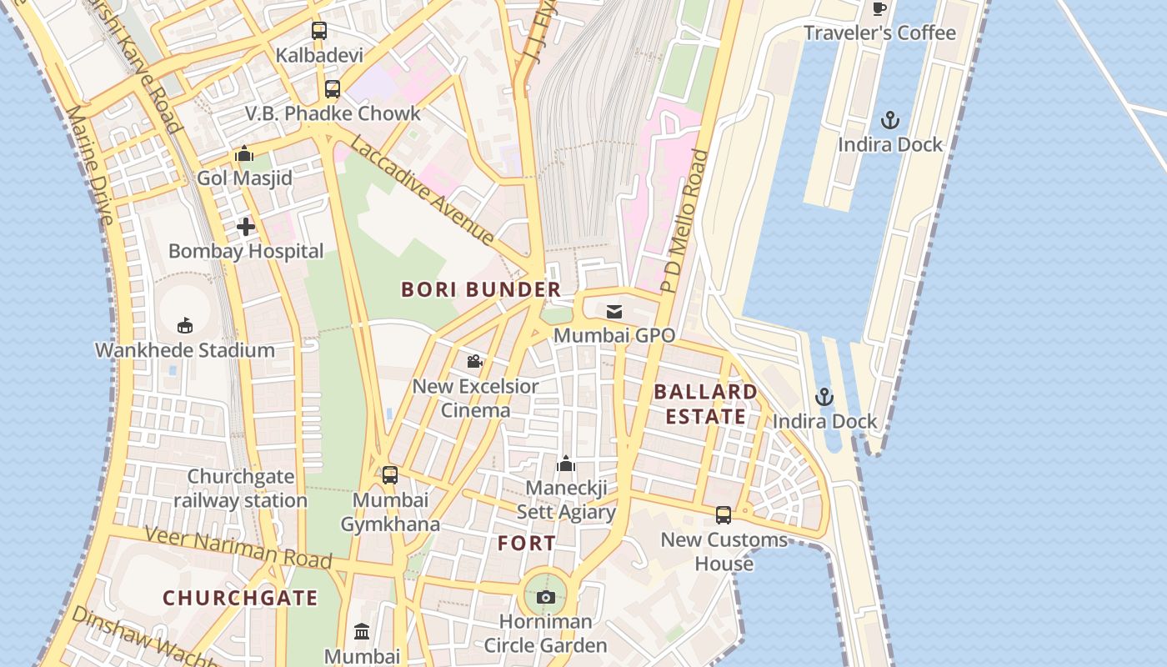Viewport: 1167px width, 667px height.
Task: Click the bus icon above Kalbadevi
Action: click(x=319, y=31)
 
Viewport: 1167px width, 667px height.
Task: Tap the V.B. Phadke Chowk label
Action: click(x=333, y=113)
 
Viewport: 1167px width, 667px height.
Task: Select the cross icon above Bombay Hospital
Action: click(x=246, y=226)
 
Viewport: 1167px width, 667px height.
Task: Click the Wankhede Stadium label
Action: click(x=185, y=350)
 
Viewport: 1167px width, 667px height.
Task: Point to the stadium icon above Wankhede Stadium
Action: click(x=185, y=325)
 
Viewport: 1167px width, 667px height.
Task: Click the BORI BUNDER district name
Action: click(x=481, y=290)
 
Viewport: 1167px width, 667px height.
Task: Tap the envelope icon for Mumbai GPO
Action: click(x=614, y=312)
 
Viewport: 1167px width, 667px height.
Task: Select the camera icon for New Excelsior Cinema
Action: click(x=475, y=362)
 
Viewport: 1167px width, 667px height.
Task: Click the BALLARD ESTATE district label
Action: click(x=705, y=404)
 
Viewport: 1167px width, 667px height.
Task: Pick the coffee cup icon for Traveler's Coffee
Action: click(x=879, y=9)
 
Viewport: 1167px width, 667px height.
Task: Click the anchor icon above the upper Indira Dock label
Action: click(x=890, y=120)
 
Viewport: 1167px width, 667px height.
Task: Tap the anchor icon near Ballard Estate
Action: click(x=824, y=397)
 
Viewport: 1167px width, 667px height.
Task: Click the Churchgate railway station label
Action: click(x=240, y=489)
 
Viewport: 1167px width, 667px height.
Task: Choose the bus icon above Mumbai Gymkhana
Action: click(x=389, y=475)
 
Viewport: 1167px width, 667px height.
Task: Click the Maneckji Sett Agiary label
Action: click(x=566, y=500)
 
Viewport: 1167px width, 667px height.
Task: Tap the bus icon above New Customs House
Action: click(x=724, y=515)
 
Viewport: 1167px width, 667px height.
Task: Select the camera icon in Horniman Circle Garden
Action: click(x=546, y=597)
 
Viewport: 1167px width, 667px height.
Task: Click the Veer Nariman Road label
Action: click(x=238, y=549)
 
